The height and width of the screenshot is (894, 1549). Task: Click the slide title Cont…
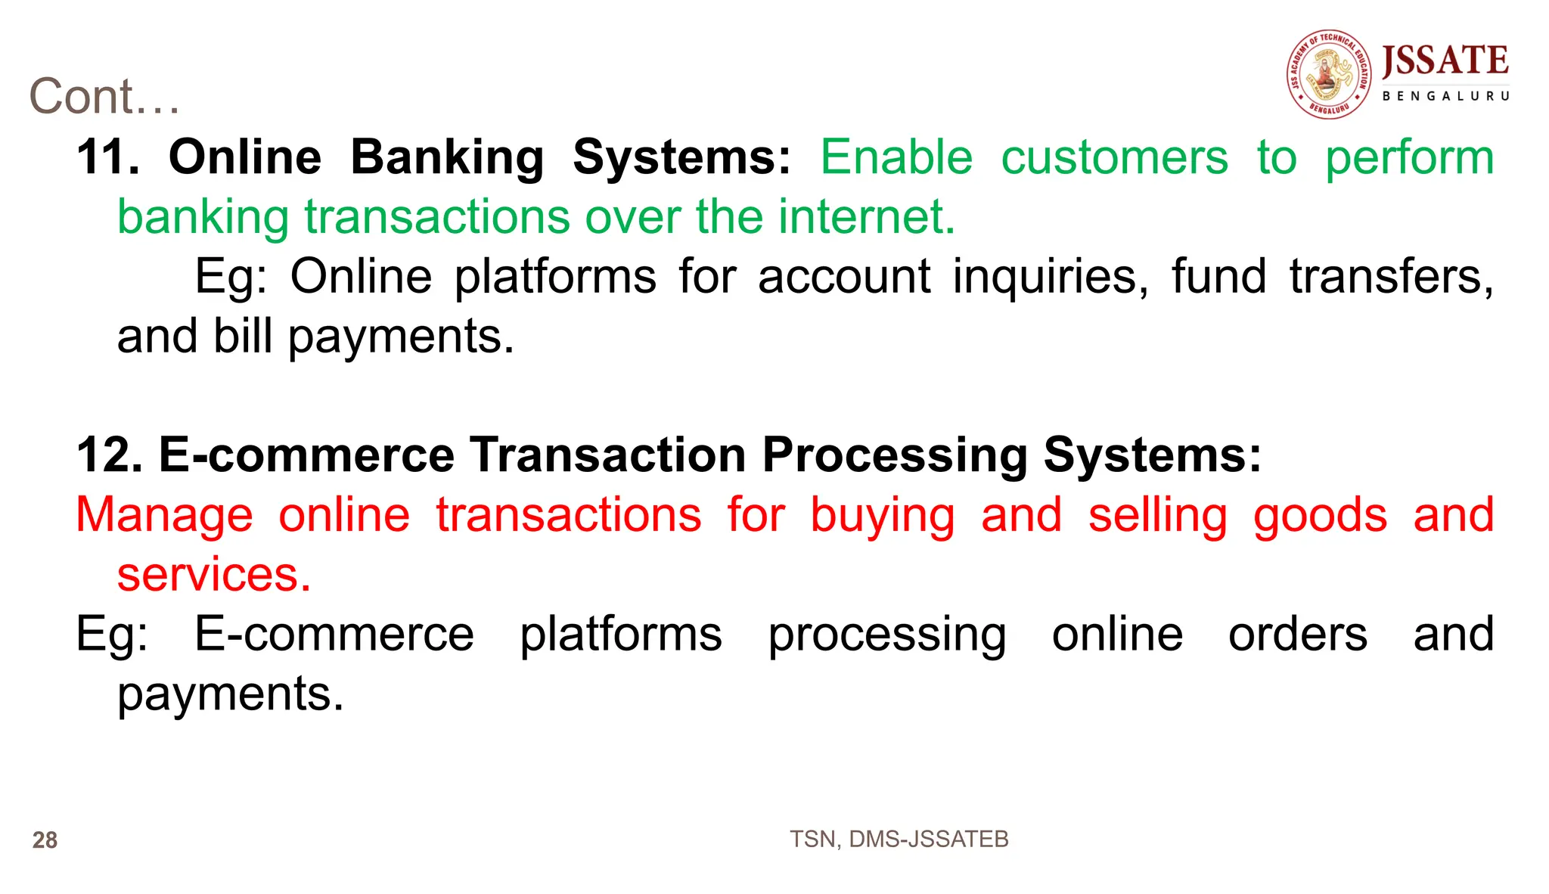(x=104, y=97)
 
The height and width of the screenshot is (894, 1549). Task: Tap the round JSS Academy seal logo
(x=1329, y=74)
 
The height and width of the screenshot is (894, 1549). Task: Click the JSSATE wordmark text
(x=1445, y=61)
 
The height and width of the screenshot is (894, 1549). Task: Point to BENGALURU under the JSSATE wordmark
(x=1445, y=96)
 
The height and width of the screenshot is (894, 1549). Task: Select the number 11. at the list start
(x=107, y=157)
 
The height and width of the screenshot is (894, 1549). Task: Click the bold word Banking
(x=447, y=157)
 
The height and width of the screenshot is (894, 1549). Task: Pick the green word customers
(x=1114, y=157)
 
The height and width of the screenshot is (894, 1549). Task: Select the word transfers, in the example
(x=1392, y=276)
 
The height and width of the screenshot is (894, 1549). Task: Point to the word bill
(x=243, y=336)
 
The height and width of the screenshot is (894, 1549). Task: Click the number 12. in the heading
(x=109, y=455)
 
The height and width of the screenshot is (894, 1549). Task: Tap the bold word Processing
(x=894, y=455)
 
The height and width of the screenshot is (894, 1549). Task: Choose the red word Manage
(x=164, y=515)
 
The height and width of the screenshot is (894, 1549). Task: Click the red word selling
(x=1157, y=515)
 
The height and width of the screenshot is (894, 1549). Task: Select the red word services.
(x=214, y=575)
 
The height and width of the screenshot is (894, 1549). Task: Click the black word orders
(x=1297, y=634)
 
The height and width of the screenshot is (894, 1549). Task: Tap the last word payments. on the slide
(x=231, y=694)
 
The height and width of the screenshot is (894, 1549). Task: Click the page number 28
(x=45, y=840)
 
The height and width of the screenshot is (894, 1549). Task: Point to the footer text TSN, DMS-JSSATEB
(x=899, y=840)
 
